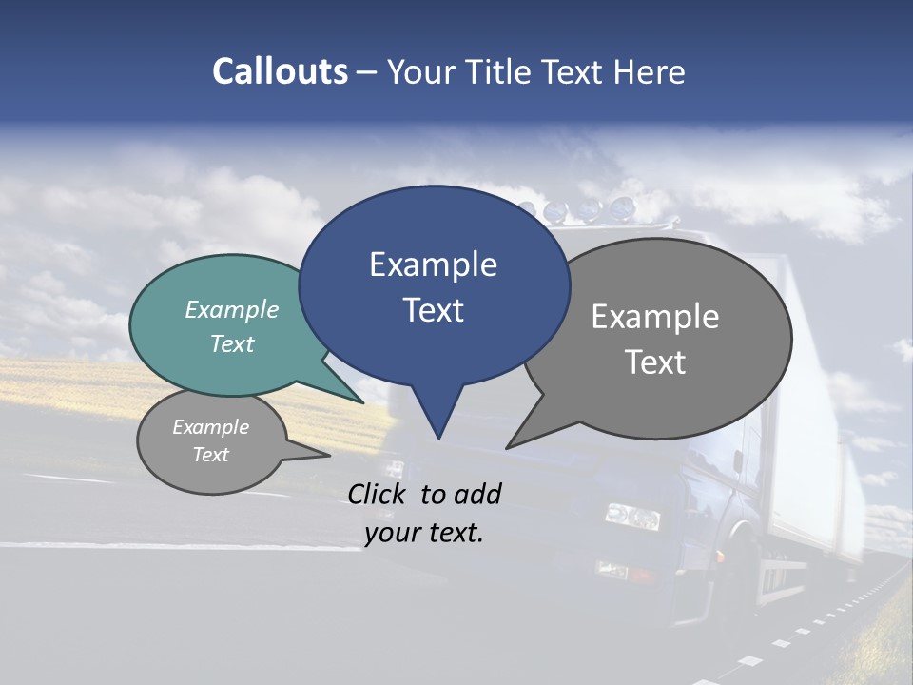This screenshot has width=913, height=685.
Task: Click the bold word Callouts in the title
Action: (281, 72)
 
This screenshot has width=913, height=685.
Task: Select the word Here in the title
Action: (648, 72)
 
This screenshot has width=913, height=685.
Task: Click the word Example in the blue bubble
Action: (433, 264)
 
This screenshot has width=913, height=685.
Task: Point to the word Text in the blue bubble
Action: (433, 310)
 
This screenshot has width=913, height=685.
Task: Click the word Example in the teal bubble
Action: (232, 310)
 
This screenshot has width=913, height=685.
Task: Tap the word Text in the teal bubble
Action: (232, 343)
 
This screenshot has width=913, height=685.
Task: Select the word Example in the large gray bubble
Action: (655, 317)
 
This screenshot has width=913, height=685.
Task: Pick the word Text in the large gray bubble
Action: (655, 362)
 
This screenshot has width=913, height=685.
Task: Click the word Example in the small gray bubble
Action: (211, 427)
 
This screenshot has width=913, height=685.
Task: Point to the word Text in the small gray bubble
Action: (211, 455)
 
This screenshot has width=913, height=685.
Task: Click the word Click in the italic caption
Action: (379, 494)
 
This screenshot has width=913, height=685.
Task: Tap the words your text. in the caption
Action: (424, 533)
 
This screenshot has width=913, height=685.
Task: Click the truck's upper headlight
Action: (632, 517)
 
